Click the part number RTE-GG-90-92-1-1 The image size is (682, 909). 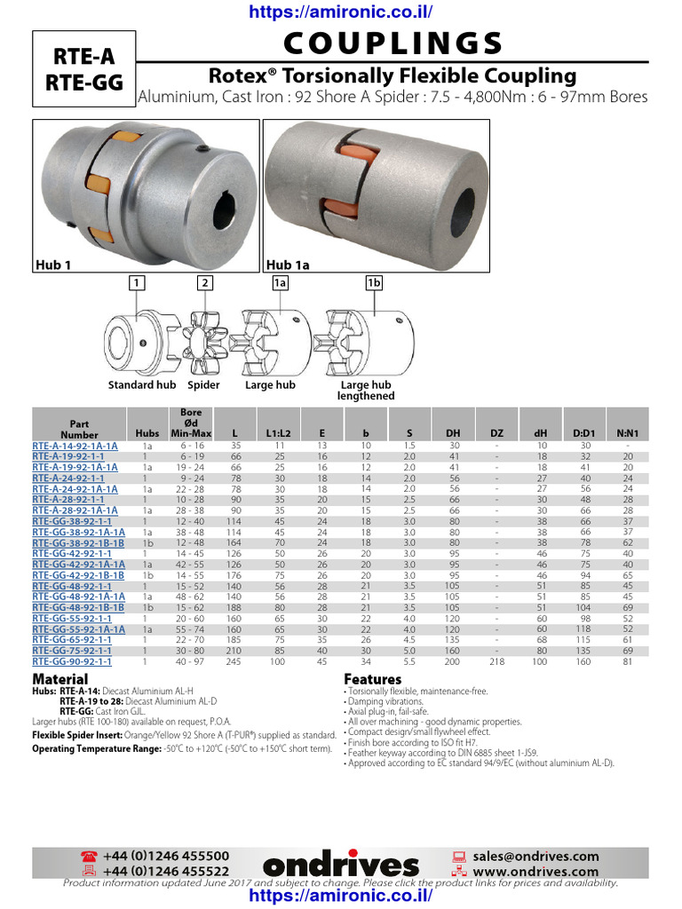pos(72,661)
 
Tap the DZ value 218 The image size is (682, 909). pos(497,661)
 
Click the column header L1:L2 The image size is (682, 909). pos(280,433)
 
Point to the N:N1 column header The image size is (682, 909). pos(628,433)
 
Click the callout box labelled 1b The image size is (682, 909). pos(374,283)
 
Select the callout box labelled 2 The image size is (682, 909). pos(205,283)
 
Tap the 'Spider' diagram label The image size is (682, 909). pos(204,385)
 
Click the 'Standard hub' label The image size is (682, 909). pos(142,385)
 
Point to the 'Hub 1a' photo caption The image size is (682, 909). pos(287,264)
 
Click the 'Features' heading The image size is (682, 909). pos(372,679)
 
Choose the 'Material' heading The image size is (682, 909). pos(60,679)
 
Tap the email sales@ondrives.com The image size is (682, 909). pos(535,856)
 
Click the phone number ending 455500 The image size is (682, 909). pos(166,856)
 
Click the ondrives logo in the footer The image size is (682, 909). pos(340,865)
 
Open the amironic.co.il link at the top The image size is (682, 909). pos(341,12)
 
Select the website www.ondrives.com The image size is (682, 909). pos(535,872)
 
